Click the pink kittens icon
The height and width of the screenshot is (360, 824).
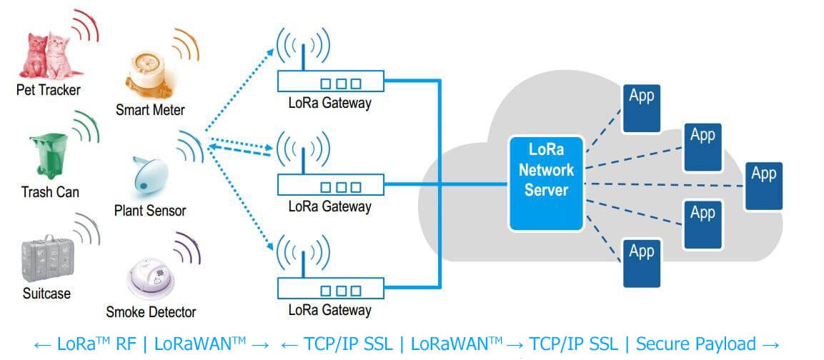tap(46, 56)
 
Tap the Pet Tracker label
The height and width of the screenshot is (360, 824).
tap(49, 90)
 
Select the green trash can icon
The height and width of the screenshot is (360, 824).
tap(48, 156)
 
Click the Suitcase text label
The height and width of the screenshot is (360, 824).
tap(46, 294)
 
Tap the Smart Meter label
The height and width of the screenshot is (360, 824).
tap(150, 110)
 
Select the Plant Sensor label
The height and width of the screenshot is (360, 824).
tap(150, 211)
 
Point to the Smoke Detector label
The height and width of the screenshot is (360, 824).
tap(151, 312)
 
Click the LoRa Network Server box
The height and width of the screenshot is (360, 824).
tap(547, 182)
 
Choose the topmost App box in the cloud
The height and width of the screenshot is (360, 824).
tap(641, 108)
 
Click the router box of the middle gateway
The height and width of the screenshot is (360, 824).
tap(330, 186)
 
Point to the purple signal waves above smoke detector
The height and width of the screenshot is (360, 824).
tap(187, 248)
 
